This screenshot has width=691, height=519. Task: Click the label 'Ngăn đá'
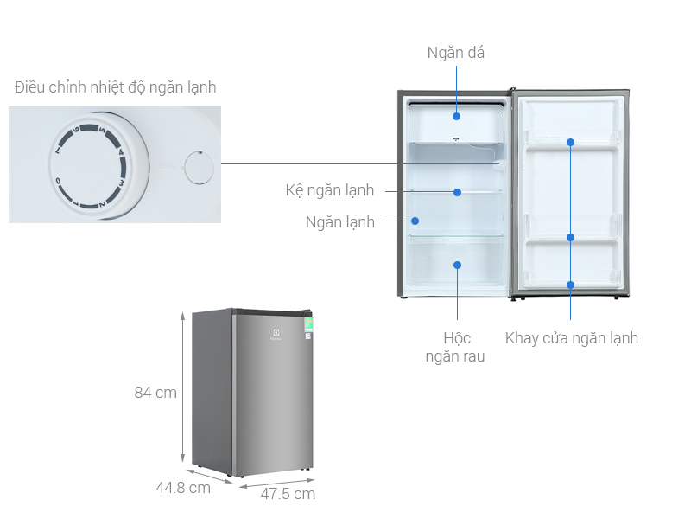456,53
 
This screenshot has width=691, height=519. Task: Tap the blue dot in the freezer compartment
456,116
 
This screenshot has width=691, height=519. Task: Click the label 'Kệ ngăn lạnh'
329,190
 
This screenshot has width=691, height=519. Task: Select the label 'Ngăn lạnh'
340,222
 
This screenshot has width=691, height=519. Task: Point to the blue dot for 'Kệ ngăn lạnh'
457,192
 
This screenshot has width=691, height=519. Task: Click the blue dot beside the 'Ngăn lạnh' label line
414,221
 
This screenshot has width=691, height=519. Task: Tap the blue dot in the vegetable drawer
457,265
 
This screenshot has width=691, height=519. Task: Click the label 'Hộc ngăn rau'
455,346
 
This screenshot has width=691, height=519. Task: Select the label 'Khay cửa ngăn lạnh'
572,338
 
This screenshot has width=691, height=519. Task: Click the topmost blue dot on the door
571,142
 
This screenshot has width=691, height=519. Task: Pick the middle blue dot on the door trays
571,237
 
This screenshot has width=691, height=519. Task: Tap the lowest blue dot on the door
571,285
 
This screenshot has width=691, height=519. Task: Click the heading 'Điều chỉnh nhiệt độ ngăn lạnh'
115,87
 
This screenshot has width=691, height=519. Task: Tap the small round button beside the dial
200,166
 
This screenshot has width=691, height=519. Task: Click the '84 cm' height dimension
155,393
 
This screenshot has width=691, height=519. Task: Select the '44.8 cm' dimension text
183,488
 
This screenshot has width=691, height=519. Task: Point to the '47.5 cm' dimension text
288,494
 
